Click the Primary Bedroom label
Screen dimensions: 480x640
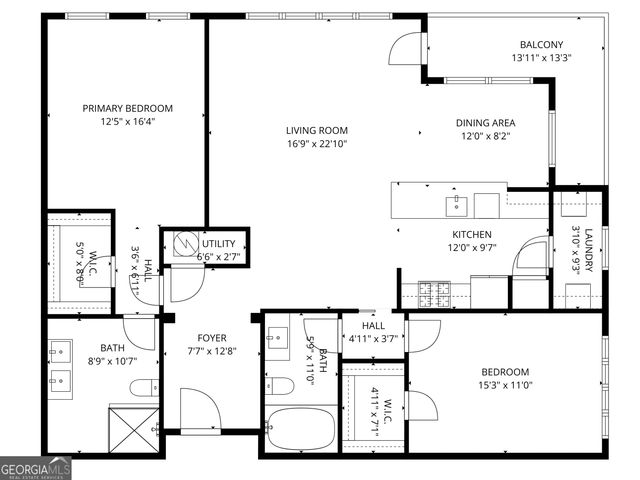pyautogui.click(x=127, y=108)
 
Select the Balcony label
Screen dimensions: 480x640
pyautogui.click(x=541, y=44)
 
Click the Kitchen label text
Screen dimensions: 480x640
pyautogui.click(x=471, y=234)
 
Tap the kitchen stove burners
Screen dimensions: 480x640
pyautogui.click(x=435, y=294)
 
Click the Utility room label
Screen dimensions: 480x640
pyautogui.click(x=218, y=244)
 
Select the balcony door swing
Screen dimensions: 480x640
pyautogui.click(x=407, y=51)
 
